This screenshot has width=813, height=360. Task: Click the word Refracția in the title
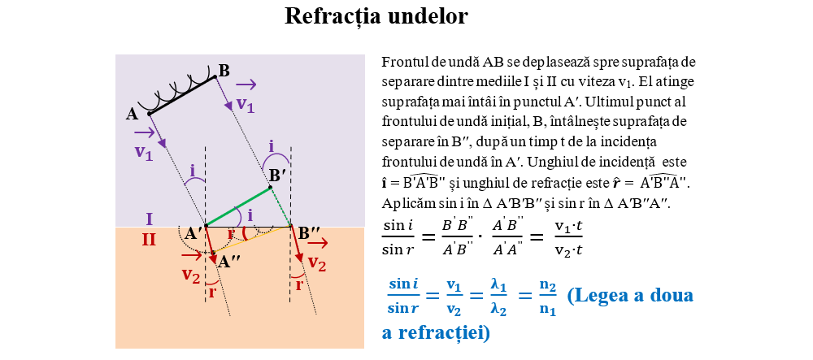332,16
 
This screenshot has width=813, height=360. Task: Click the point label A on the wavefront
133,114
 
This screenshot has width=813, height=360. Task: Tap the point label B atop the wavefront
224,71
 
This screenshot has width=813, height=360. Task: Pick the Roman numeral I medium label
150,219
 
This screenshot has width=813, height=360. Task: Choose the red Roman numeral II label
150,240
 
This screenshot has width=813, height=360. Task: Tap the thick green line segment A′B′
238,206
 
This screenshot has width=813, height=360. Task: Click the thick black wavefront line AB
182,95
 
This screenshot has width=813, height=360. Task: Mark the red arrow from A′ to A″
210,241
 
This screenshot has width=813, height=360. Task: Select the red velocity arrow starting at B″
296,245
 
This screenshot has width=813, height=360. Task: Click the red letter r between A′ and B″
231,234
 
